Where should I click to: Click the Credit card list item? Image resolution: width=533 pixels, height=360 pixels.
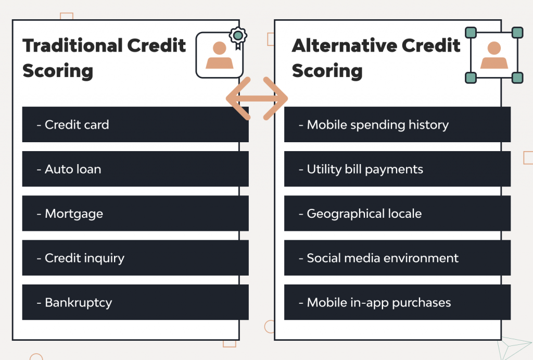point(135,125)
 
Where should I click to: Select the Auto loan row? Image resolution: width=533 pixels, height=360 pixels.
point(135,169)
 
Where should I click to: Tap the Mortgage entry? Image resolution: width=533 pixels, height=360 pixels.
point(135,214)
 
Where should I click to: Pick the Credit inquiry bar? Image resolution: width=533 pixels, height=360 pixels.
point(135,258)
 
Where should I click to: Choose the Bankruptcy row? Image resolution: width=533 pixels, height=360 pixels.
point(135,302)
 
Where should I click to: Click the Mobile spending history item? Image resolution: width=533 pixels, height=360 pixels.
point(397,125)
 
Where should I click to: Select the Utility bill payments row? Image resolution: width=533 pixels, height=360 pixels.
point(397,169)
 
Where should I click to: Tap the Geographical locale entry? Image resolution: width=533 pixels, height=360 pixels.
point(397,214)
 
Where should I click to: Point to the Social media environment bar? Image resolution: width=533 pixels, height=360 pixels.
point(397,258)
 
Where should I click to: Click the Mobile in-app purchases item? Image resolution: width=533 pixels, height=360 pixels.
point(397,302)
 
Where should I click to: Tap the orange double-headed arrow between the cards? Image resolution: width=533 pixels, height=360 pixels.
point(257,98)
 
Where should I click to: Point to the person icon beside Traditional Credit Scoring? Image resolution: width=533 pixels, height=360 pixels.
point(219,55)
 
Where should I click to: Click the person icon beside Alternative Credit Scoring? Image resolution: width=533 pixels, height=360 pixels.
point(493,55)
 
